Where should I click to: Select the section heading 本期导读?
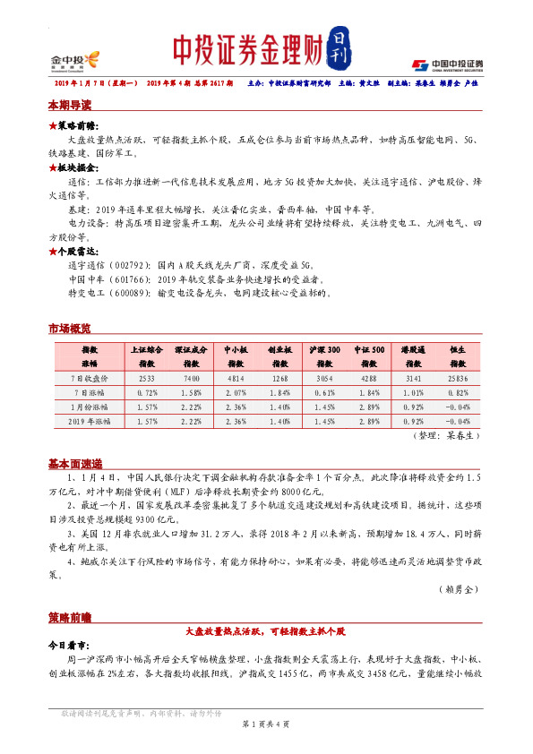[x=70, y=105]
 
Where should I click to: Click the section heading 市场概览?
[x=70, y=329]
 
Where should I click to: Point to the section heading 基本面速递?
[x=75, y=463]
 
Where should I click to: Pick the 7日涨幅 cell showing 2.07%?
[x=235, y=392]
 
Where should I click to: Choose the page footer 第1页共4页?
[x=266, y=722]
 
